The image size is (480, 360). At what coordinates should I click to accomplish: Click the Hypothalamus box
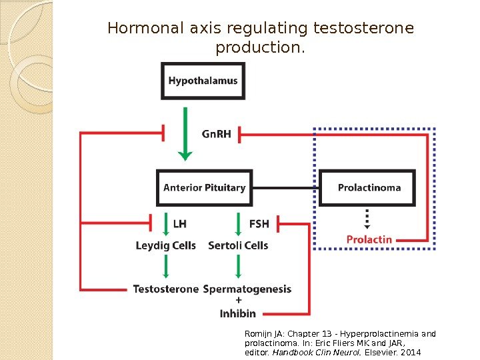coord(203,81)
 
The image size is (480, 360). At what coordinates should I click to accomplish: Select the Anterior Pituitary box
coord(204,187)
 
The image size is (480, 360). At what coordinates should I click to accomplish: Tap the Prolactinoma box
coord(369,187)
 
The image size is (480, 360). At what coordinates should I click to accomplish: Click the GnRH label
coord(216,134)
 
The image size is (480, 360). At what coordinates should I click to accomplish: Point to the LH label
coord(180,224)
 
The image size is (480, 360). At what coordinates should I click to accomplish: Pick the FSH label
coord(259,224)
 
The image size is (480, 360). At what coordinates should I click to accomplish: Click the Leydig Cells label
coord(165,245)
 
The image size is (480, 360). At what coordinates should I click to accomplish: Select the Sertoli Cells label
coord(238,245)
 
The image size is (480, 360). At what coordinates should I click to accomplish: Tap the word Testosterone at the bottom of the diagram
coord(165,289)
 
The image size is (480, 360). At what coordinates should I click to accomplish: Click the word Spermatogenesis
coord(247,289)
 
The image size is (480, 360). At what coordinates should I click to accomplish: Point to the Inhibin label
coord(238,313)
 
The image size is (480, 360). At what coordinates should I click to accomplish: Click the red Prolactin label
coord(369,239)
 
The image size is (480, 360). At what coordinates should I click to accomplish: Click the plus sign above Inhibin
coord(238,301)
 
